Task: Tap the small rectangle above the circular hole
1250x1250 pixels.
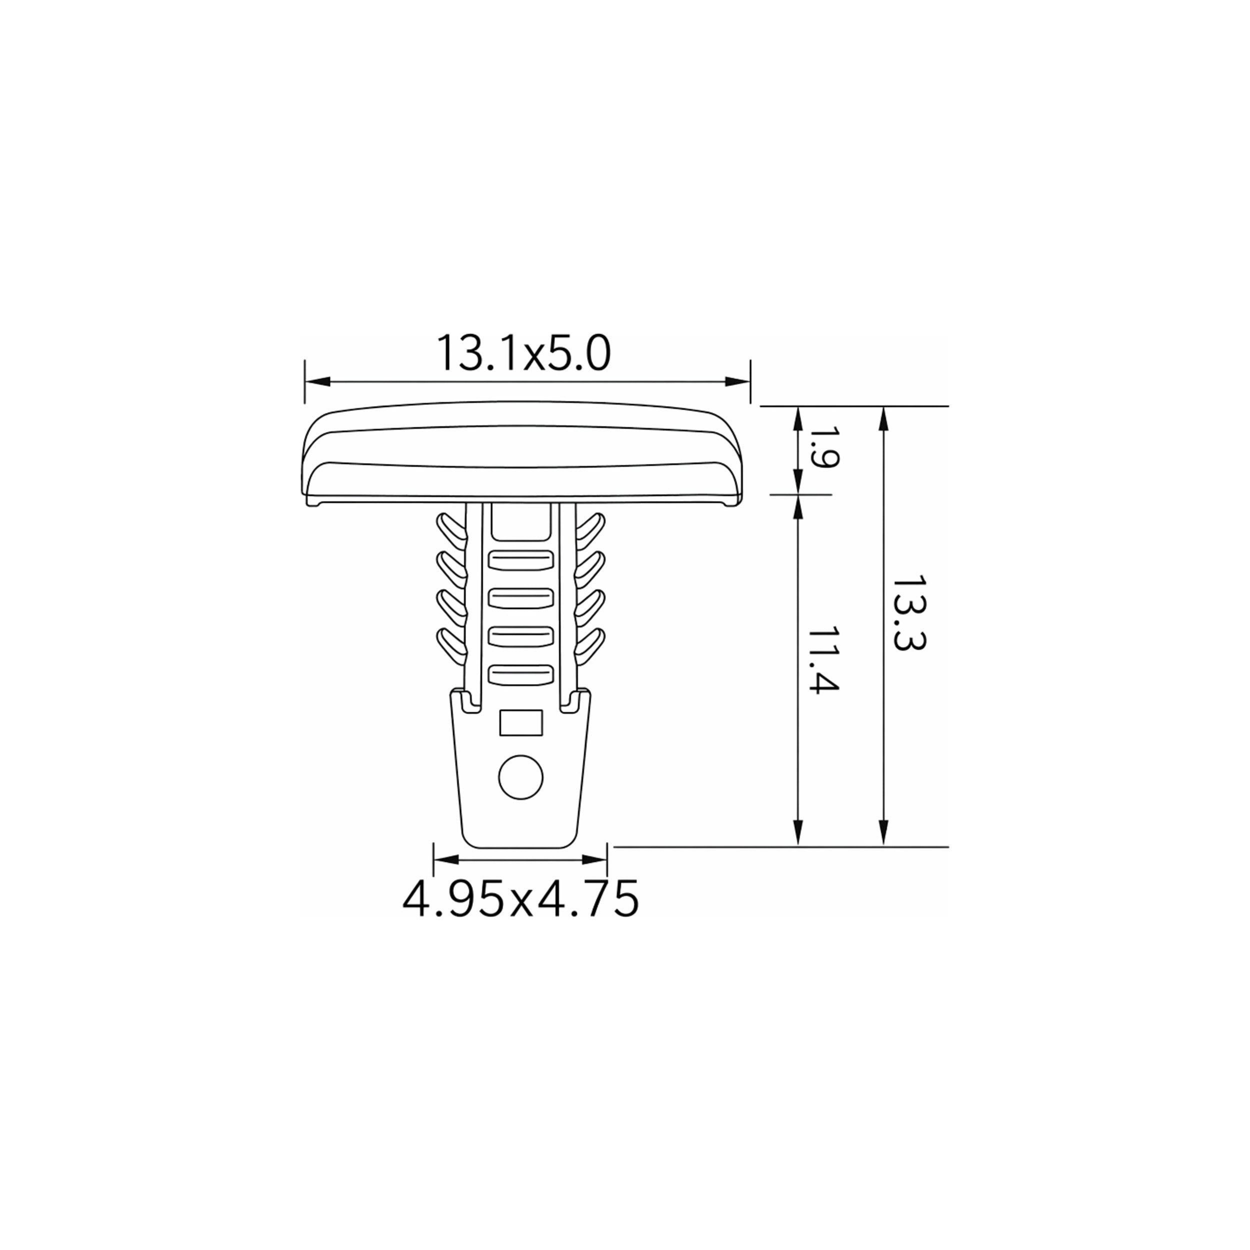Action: tap(521, 722)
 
